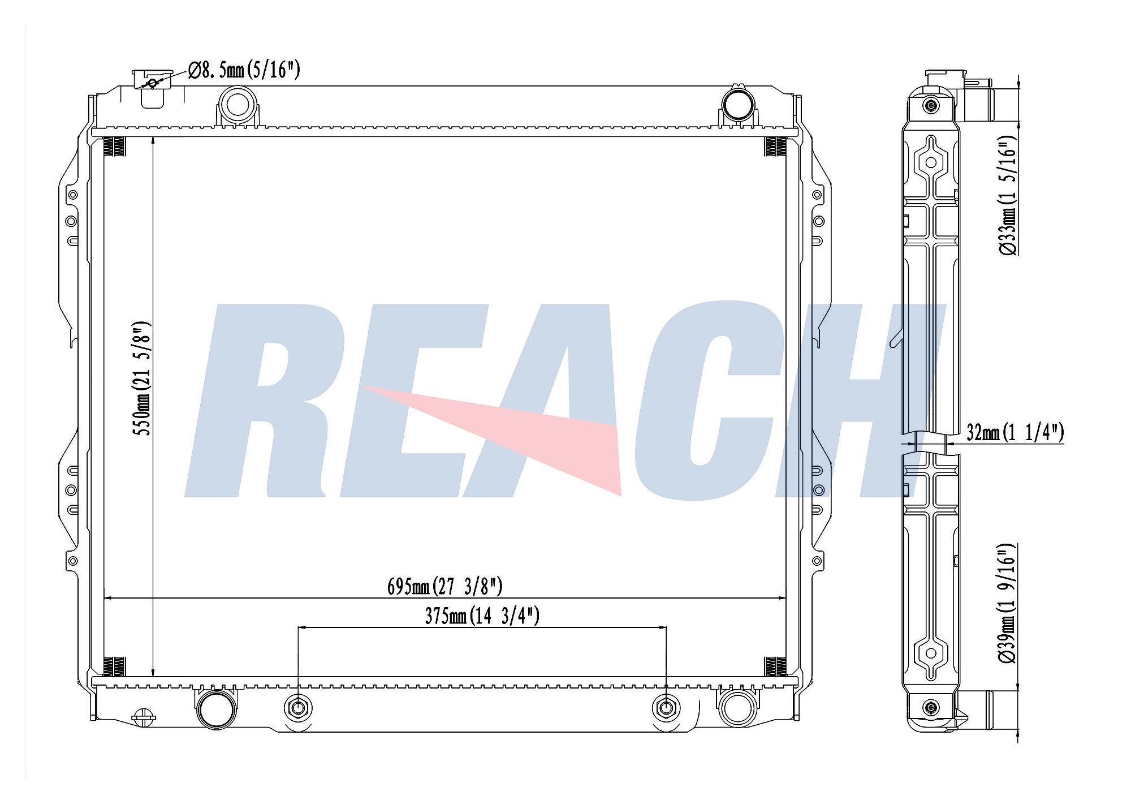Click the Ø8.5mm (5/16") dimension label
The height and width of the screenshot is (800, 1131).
point(244,70)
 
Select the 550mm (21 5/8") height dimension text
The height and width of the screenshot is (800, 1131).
point(142,379)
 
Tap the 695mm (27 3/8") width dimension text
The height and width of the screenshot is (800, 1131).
point(444,586)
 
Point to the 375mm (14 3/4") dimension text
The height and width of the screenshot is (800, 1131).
point(482,616)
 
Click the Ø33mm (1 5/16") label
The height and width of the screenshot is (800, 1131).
point(1007,196)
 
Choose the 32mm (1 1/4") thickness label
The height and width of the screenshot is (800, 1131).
point(1015,432)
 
